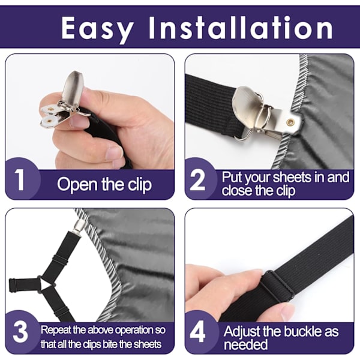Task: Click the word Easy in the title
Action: click(97, 29)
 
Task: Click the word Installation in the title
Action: click(241, 28)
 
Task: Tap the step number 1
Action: click(20, 180)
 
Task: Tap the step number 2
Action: click(197, 180)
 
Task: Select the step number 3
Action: click(20, 332)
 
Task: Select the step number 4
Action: click(197, 332)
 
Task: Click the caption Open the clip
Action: click(104, 185)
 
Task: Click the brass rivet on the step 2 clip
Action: click(290, 122)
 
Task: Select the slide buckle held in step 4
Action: click(278, 284)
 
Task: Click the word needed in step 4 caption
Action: click(245, 344)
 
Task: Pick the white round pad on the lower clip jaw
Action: click(49, 121)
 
